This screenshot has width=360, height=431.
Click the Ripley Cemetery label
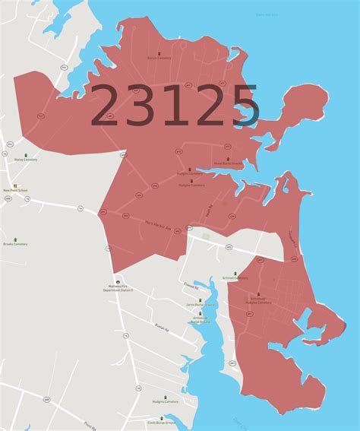26,160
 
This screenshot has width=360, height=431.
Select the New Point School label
15,190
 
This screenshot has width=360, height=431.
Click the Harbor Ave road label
159,224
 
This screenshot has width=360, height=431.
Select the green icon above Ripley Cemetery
25,154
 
